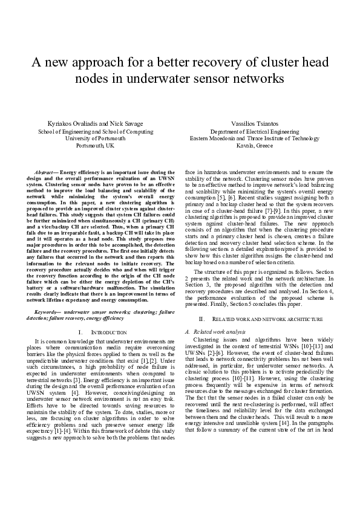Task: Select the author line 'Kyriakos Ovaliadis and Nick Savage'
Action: click(96, 123)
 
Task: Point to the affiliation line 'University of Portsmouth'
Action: click(96, 138)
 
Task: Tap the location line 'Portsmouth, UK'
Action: click(96, 145)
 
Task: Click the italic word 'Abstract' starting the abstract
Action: click(45, 173)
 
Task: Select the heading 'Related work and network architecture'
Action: click(269, 318)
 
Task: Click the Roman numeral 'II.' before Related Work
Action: click(202, 318)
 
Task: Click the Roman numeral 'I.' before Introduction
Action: click(81, 332)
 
